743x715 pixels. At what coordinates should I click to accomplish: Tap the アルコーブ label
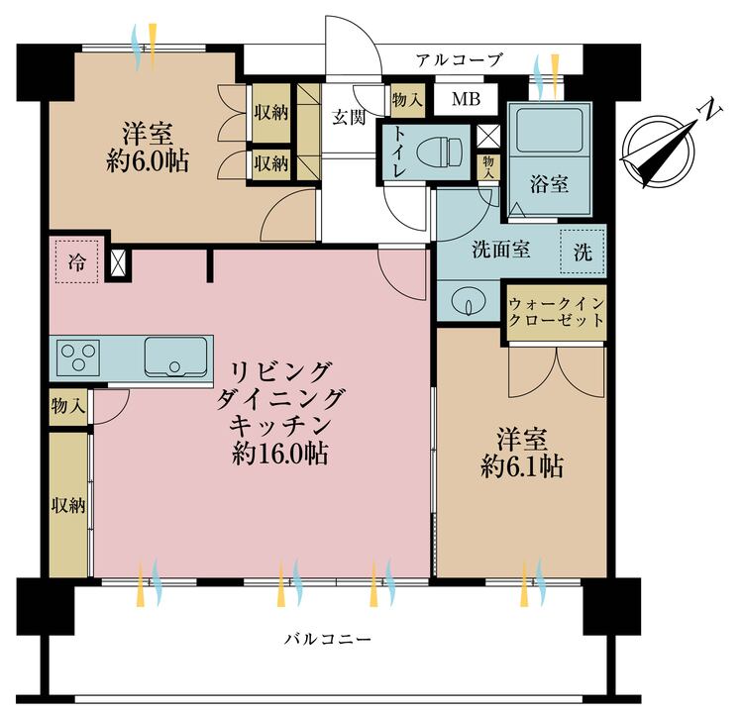459,60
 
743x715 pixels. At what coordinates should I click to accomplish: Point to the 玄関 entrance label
348,117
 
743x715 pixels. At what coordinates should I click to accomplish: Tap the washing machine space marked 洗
584,252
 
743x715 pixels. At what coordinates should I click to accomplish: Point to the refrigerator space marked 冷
77,262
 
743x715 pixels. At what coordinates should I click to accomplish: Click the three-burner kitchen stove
77,357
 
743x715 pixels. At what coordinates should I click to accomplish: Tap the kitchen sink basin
175,356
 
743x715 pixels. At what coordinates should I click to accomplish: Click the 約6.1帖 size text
522,466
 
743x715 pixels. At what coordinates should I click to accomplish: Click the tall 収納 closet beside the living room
68,504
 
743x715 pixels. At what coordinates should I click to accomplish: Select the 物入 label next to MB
407,99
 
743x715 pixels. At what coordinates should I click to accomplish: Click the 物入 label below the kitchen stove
68,405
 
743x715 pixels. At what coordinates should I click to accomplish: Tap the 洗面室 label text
501,250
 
